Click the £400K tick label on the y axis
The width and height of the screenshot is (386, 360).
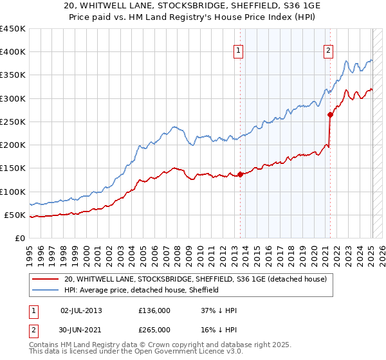click(13, 52)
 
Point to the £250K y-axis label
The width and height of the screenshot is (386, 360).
click(13, 122)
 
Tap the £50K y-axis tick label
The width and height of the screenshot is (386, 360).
click(15, 215)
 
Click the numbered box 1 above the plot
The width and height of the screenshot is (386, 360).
click(239, 51)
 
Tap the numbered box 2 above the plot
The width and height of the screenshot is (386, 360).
click(329, 51)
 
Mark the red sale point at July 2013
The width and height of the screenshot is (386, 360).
click(240, 174)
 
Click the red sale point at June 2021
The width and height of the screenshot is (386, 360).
click(330, 115)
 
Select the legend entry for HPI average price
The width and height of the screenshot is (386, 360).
click(142, 290)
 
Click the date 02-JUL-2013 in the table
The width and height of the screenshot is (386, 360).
click(81, 310)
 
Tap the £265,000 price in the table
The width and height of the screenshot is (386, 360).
click(154, 329)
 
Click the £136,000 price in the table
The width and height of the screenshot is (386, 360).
click(154, 310)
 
